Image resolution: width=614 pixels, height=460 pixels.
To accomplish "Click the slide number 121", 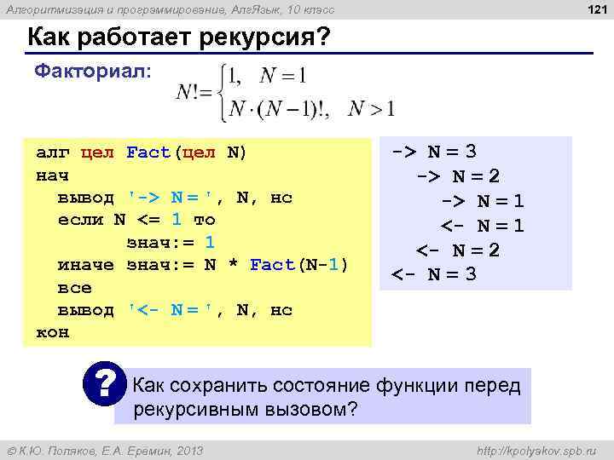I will point(592,9).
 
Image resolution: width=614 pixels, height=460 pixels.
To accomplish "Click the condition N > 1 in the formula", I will point(372,108).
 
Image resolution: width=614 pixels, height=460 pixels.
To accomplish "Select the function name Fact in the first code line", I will point(149,153).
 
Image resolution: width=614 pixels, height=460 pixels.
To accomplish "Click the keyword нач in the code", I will point(51,175).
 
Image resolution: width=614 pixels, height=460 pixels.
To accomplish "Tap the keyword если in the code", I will point(80,220).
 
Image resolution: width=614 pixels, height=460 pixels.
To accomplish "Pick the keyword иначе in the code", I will point(86,265).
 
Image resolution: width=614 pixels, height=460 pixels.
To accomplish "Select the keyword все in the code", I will point(74,288).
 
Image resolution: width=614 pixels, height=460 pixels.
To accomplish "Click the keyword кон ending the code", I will point(51,332).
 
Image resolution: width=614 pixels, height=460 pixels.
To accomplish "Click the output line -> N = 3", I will point(434,152).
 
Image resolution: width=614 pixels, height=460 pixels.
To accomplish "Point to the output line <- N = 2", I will point(457,250).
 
